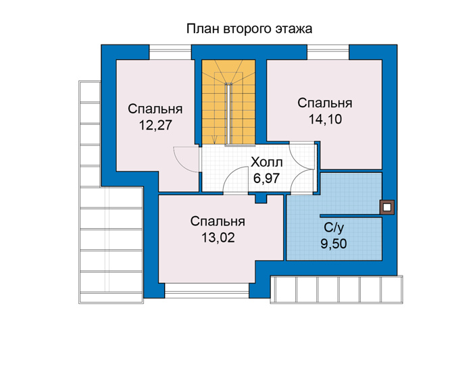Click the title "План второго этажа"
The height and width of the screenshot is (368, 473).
(249, 29)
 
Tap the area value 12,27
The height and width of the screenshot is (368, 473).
(155, 125)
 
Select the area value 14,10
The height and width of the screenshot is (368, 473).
(325, 119)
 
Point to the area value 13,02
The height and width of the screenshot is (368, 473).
(218, 238)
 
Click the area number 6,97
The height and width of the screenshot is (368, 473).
(266, 178)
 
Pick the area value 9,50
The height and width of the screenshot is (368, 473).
(334, 244)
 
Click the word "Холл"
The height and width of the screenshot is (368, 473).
(267, 163)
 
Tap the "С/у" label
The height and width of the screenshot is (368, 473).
(334, 228)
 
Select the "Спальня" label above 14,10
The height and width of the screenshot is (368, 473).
(324, 103)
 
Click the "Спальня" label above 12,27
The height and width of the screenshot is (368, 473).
(155, 109)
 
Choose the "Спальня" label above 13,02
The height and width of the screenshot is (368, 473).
(218, 221)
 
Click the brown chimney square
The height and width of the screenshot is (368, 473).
(387, 207)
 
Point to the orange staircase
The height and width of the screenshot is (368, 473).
(228, 102)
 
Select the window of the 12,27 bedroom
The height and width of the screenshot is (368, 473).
(170, 52)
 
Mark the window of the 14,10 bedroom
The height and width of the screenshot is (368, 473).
(328, 52)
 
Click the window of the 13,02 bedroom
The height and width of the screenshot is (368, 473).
(207, 290)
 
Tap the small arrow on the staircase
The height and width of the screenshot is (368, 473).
(215, 139)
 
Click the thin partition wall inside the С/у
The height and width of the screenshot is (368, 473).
(350, 216)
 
